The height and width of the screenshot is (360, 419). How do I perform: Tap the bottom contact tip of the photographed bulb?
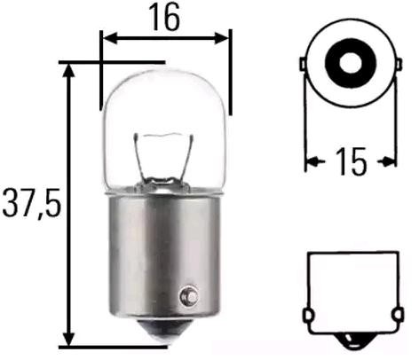[165, 338]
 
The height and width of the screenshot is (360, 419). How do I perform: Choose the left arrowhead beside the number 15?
[311, 161]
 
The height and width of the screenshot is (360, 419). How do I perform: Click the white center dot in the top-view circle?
[350, 62]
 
